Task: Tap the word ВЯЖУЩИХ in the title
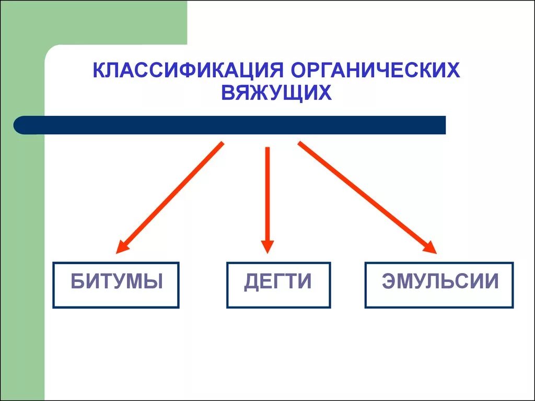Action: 277,93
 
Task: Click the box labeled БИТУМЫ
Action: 116,285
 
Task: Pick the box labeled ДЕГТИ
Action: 278,285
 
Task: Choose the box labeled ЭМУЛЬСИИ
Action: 439,285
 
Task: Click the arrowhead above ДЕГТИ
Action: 267,246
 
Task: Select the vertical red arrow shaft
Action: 267,193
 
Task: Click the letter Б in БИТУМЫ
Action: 77,282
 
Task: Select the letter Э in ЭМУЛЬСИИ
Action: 388,282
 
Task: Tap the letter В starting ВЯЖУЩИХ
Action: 228,93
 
